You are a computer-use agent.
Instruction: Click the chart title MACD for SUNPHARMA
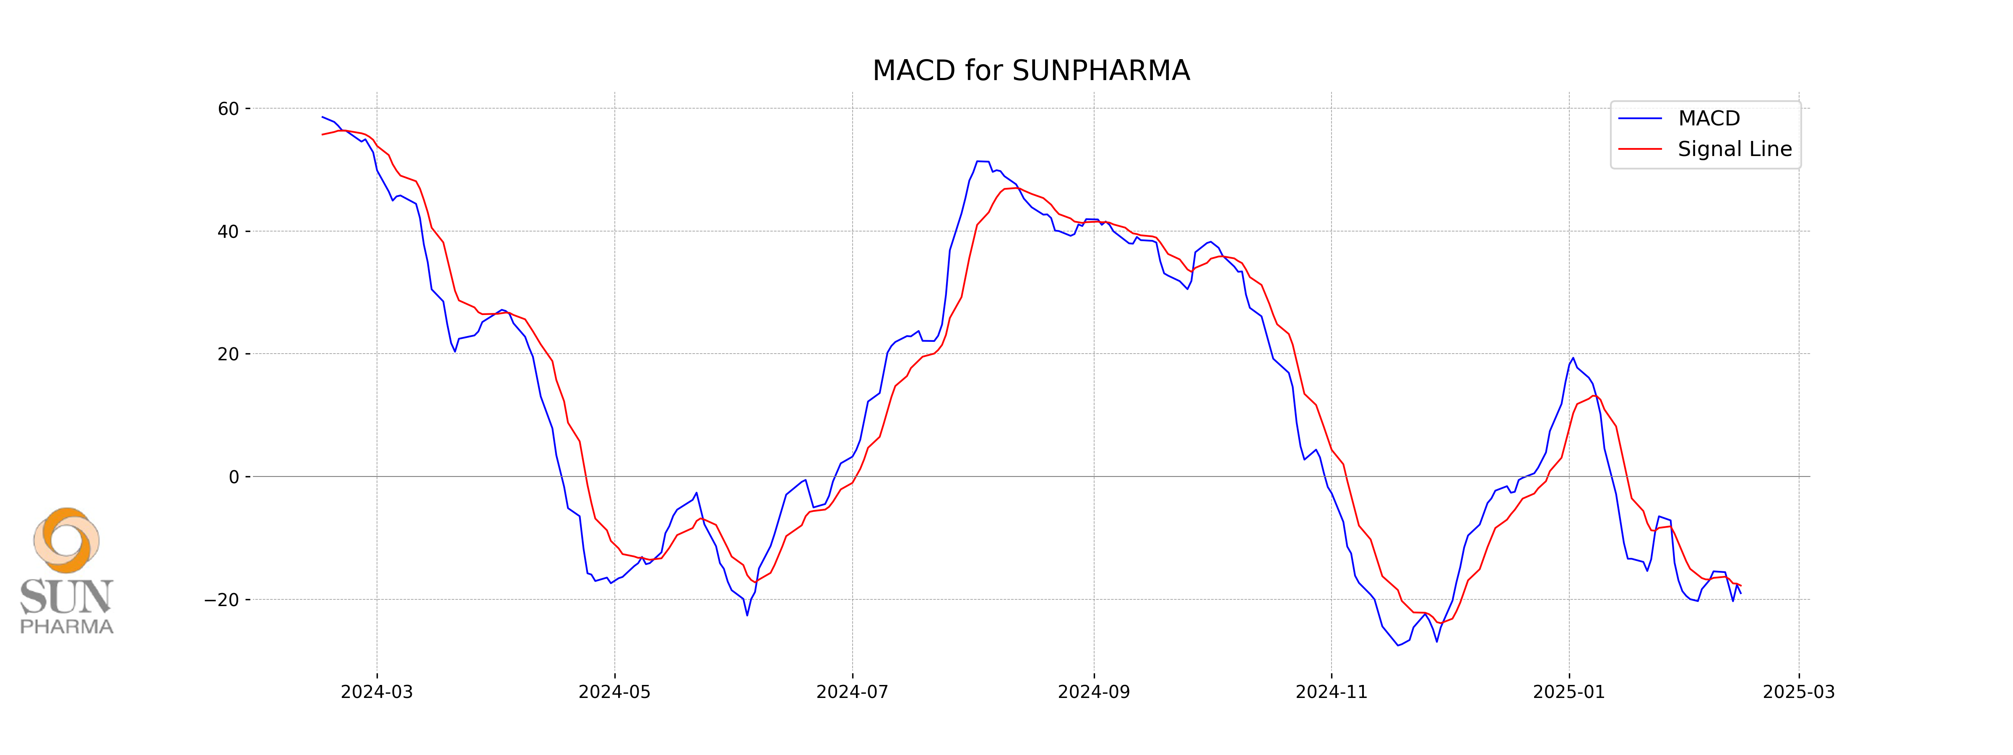[1031, 70]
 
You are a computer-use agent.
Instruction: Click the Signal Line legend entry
[1734, 149]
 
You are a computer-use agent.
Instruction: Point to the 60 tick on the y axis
[228, 109]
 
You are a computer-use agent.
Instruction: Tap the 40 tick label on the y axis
[228, 232]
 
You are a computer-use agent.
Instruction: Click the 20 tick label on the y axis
[228, 354]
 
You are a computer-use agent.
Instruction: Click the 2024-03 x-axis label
[377, 692]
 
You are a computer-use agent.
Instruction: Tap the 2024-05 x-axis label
[614, 692]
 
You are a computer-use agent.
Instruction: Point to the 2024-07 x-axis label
[852, 692]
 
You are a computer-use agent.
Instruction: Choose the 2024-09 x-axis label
[1093, 692]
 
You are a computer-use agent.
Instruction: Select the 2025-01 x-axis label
[1568, 692]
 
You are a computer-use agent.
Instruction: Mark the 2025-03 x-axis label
[1799, 692]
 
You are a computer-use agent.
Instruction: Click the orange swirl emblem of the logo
[66, 540]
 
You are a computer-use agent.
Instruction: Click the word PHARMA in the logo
[66, 627]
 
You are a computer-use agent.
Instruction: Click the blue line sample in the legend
[1639, 119]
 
